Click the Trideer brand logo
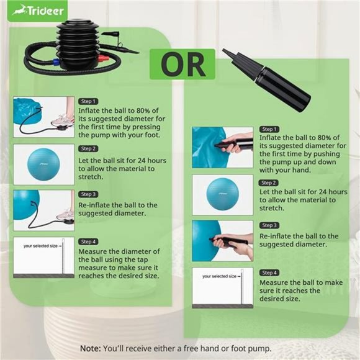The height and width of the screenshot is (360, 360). [x=38, y=11]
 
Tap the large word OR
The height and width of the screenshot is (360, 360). [x=182, y=65]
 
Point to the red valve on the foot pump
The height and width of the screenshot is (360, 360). [x=103, y=59]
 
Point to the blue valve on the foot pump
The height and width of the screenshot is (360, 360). [x=56, y=62]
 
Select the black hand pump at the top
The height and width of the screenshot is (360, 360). [x=266, y=80]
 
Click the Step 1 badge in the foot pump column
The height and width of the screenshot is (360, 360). [x=88, y=101]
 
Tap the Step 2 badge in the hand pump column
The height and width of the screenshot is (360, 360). [x=269, y=182]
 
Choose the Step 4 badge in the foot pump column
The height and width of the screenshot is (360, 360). [x=88, y=241]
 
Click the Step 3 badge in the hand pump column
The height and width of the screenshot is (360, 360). [x=269, y=225]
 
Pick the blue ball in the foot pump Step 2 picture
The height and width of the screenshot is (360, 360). [x=43, y=164]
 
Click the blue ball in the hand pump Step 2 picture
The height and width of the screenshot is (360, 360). [x=222, y=194]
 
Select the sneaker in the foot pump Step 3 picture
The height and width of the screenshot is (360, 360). [x=66, y=214]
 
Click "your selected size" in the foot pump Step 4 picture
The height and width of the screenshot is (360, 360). [x=40, y=246]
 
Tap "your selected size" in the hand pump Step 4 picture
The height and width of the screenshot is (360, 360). [x=219, y=276]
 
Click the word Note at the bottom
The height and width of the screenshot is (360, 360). [x=90, y=348]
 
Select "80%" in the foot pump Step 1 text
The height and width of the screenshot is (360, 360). [x=143, y=110]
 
